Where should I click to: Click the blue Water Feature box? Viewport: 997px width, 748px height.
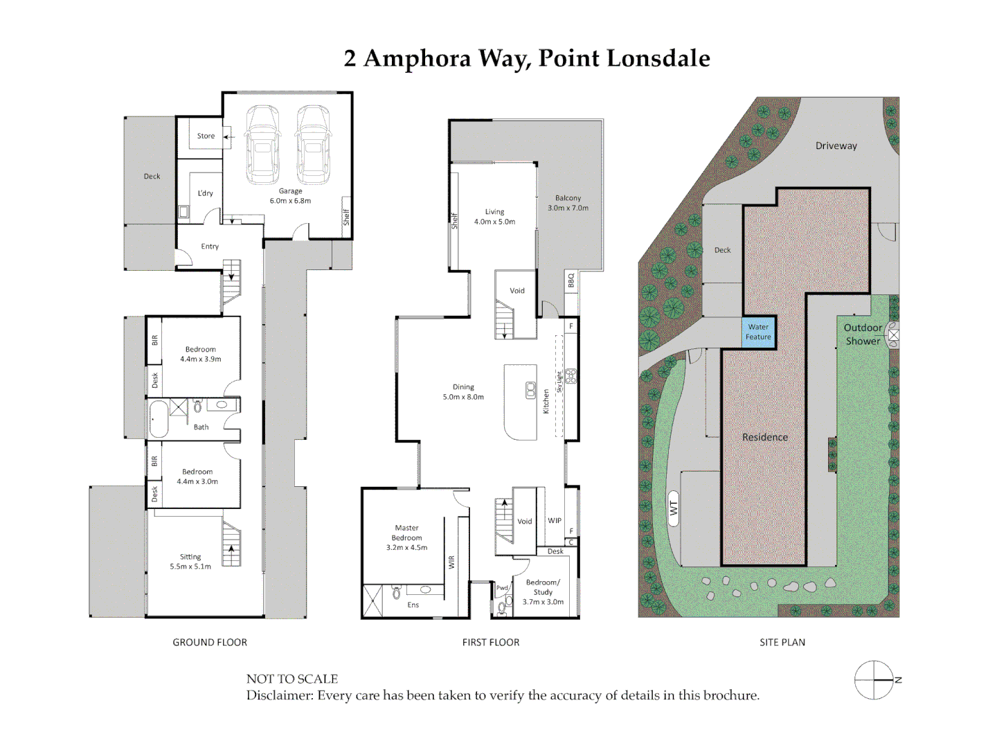pos(758,332)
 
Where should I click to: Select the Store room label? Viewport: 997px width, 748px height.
pos(206,136)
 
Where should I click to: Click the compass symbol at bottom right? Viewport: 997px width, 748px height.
pos(874,680)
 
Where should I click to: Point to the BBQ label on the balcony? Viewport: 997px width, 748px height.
pos(571,280)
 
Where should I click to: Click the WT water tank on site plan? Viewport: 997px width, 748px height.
pos(673,508)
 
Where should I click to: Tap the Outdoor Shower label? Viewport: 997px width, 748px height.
pos(862,334)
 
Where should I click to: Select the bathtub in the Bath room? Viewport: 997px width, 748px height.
pos(159,418)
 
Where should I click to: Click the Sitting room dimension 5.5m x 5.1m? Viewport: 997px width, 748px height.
pos(190,567)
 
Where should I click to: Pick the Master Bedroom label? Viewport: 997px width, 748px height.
pos(406,533)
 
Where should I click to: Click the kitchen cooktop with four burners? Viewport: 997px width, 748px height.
pos(571,376)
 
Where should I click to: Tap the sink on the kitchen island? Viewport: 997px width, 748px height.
pos(530,391)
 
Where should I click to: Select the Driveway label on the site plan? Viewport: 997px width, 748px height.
pos(836,145)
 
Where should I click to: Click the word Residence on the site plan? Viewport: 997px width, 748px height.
pos(764,437)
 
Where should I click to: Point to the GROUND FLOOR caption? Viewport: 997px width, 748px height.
pos(210,642)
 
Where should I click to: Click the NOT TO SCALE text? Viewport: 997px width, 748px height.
pos(291,679)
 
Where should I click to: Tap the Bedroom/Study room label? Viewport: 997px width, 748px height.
pos(543,587)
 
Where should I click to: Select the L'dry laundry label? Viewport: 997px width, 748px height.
pos(206,193)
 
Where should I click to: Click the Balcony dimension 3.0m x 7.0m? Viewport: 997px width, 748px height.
pos(568,208)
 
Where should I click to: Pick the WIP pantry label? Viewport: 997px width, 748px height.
pos(555,521)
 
